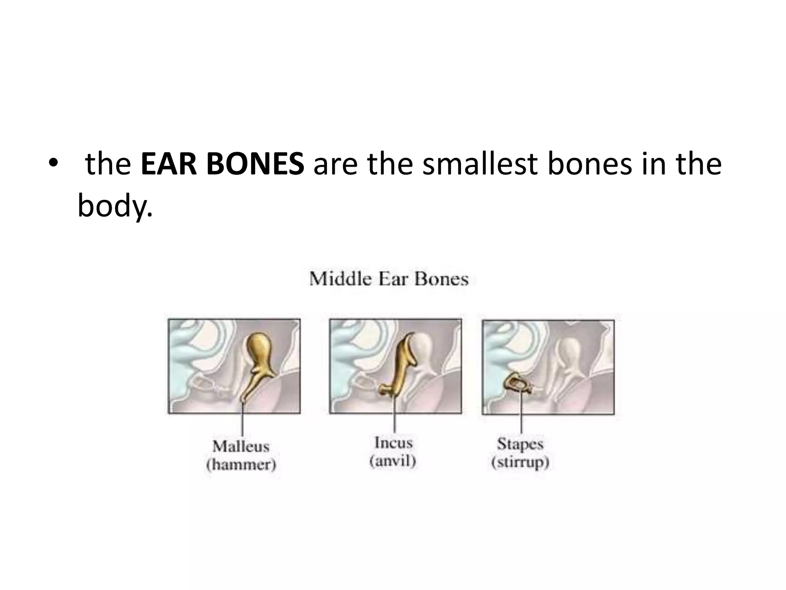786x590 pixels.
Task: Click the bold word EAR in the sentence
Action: (170, 164)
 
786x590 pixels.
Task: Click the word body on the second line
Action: (114, 206)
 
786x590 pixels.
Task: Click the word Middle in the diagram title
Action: (340, 279)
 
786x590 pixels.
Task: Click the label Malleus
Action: (241, 446)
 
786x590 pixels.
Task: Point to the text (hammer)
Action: (241, 465)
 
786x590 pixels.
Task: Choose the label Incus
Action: (393, 443)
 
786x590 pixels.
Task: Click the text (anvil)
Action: (393, 461)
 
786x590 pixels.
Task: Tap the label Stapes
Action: (520, 444)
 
